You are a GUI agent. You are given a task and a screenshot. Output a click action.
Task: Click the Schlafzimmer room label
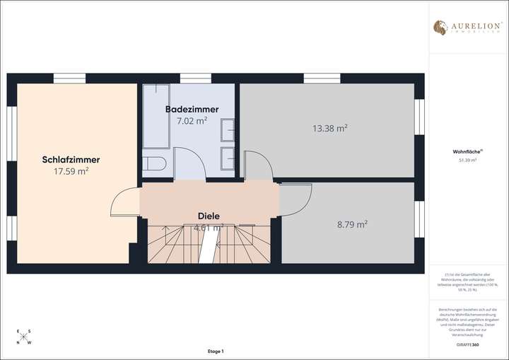click(x=71, y=160)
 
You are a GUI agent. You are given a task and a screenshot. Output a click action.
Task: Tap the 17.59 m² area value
click(x=71, y=170)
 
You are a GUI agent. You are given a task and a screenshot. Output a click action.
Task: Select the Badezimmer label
click(x=192, y=109)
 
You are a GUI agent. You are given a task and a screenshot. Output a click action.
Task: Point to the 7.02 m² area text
click(x=192, y=120)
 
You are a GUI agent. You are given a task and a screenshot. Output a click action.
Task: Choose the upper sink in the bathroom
click(x=228, y=132)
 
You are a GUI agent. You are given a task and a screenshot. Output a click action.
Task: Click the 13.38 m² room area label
click(x=329, y=128)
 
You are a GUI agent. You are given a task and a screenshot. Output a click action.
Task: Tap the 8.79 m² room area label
click(x=351, y=224)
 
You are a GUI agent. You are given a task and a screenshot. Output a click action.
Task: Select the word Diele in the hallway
click(x=208, y=216)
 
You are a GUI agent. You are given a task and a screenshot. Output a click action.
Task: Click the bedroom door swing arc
click(x=124, y=204)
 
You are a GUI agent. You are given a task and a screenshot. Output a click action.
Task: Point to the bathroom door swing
click(x=189, y=164)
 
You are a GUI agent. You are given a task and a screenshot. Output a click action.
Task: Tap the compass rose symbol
click(x=23, y=337)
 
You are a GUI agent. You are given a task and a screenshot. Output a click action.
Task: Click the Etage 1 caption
click(x=215, y=352)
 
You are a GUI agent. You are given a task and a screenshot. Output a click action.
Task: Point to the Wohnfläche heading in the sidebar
click(x=467, y=151)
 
